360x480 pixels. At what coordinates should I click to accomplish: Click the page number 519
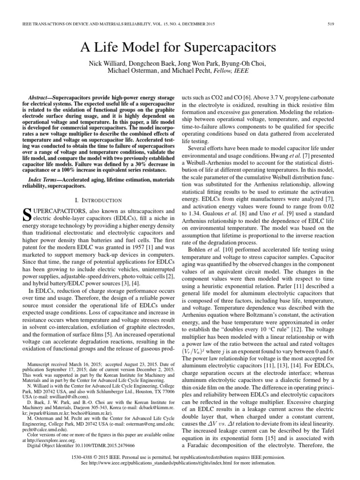pos(338,24)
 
